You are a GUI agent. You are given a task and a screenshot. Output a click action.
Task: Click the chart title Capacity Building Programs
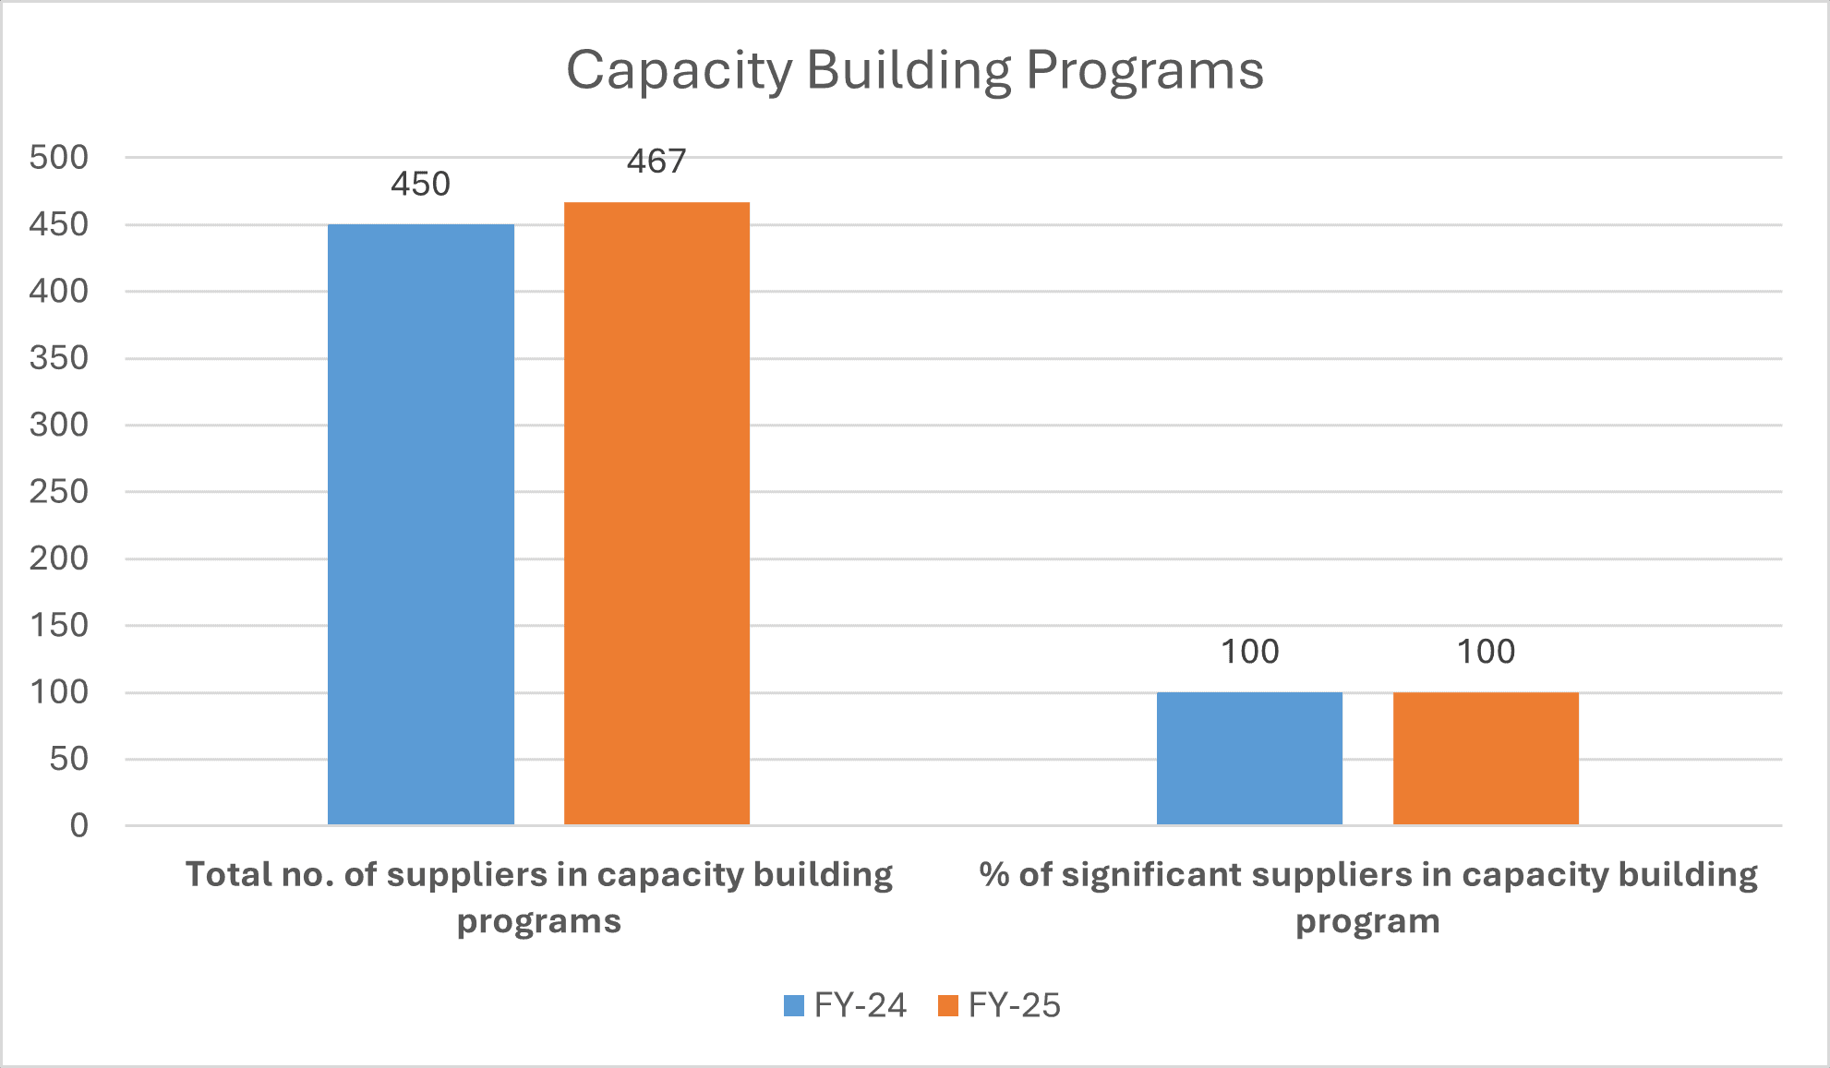(x=914, y=70)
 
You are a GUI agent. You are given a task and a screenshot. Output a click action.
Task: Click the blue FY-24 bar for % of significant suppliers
(x=1249, y=758)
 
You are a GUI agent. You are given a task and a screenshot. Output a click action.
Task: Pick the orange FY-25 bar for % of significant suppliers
(x=1486, y=758)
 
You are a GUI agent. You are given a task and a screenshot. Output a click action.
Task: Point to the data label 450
(x=420, y=185)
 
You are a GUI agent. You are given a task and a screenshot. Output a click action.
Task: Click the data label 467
(x=656, y=162)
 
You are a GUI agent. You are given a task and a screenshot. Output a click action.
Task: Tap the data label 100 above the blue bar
(x=1249, y=652)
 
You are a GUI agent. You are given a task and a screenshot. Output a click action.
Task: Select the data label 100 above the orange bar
(x=1486, y=652)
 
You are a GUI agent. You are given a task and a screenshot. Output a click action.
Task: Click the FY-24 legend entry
(x=845, y=1005)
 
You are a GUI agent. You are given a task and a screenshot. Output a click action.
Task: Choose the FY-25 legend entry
(x=999, y=1005)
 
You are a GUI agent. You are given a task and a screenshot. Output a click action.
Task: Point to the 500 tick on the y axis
(x=59, y=157)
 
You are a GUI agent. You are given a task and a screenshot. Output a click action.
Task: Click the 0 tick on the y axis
(x=79, y=825)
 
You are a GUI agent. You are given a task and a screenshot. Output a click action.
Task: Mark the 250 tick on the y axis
(x=59, y=491)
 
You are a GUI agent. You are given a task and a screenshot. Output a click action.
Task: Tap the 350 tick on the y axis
(x=59, y=358)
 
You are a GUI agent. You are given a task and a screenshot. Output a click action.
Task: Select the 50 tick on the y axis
(x=69, y=759)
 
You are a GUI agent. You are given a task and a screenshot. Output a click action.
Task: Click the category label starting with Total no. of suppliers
(x=539, y=896)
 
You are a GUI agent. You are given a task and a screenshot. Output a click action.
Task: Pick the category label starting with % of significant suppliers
(x=1367, y=896)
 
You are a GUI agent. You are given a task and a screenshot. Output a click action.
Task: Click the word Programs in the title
(x=1145, y=70)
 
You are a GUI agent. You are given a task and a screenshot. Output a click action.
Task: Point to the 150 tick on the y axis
(x=59, y=625)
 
